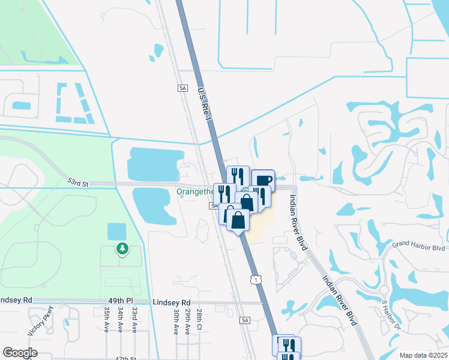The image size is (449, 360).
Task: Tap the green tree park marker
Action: (122, 248)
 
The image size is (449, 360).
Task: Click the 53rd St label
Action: (77, 181)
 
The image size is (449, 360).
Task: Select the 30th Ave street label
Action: (176, 322)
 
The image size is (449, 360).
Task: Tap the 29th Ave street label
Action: (187, 322)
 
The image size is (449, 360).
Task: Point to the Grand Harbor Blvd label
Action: (418, 246)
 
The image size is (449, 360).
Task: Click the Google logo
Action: (20, 353)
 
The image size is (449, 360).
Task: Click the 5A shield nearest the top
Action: (182, 88)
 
